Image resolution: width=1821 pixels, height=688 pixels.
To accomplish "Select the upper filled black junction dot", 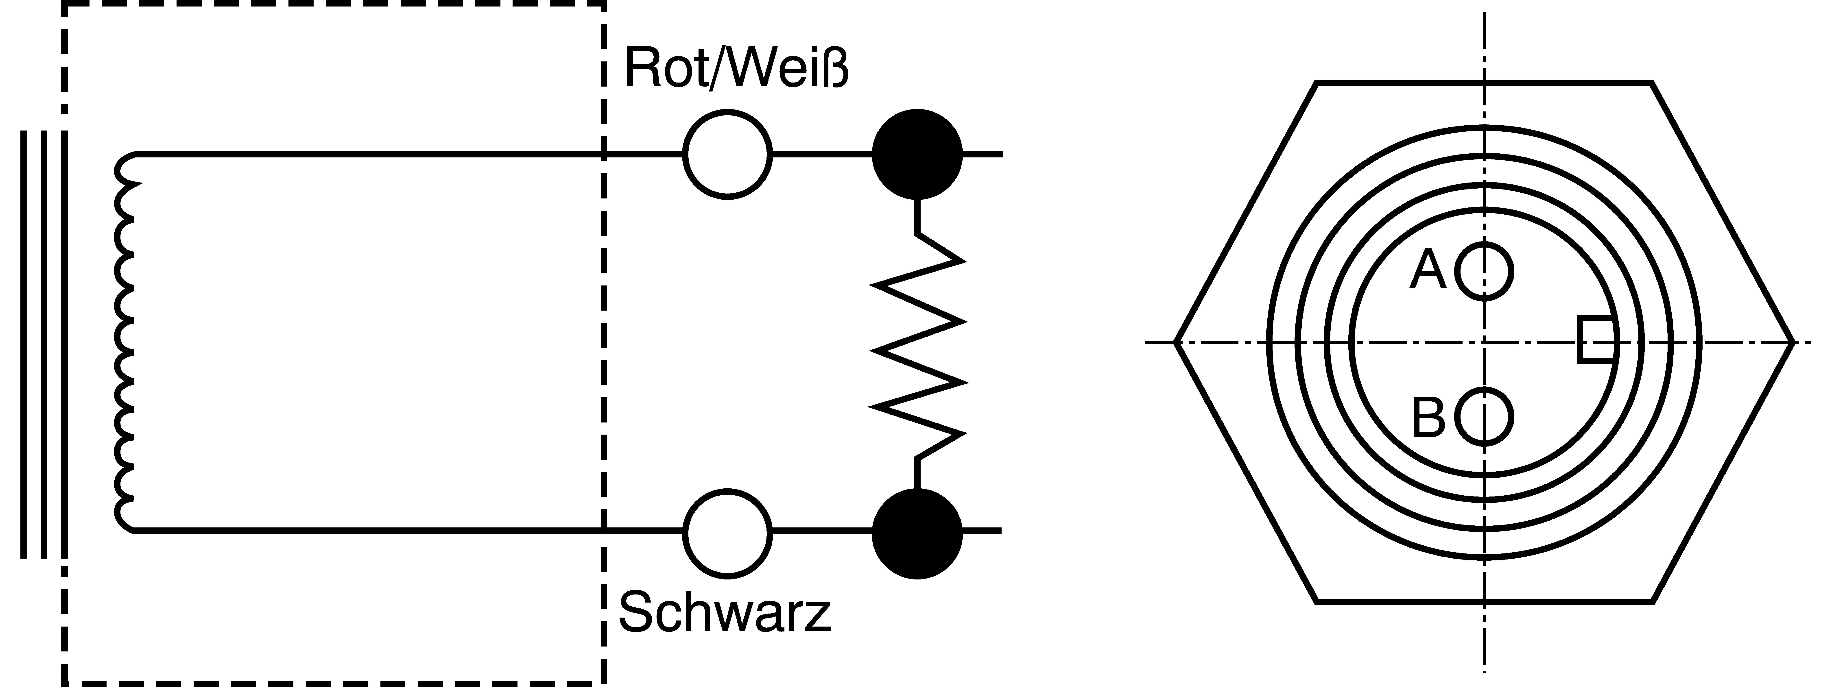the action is [x=917, y=154].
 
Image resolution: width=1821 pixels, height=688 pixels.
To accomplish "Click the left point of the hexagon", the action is [x=1175, y=343].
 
